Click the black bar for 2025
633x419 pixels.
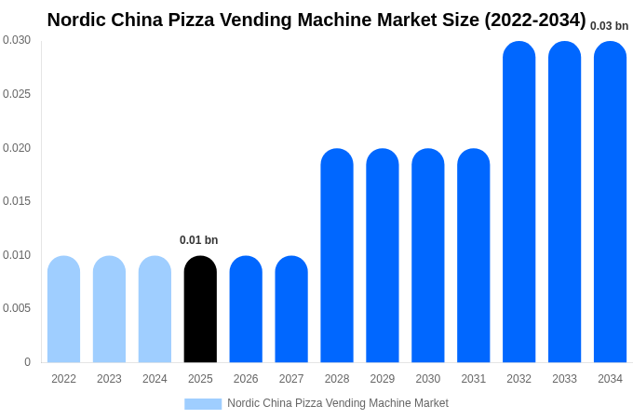click(200, 309)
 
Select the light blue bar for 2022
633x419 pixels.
click(63, 309)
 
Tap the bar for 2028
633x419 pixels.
click(337, 256)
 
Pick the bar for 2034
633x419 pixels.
click(610, 202)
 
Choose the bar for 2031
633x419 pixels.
click(473, 256)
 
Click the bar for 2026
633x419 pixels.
click(246, 309)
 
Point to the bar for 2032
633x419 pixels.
click(519, 202)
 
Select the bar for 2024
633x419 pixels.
click(155, 309)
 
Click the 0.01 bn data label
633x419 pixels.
click(198, 240)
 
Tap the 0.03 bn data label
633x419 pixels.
click(609, 26)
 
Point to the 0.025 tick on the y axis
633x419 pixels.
click(17, 94)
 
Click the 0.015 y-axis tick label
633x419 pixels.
click(17, 201)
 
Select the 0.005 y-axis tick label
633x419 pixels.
click(17, 308)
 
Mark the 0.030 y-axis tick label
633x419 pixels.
click(17, 40)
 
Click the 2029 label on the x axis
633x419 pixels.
click(382, 379)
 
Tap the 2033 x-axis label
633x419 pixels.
click(564, 379)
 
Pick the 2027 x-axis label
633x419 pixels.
click(291, 379)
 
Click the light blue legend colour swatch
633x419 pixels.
click(203, 404)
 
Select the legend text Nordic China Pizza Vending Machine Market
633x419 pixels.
click(338, 403)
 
